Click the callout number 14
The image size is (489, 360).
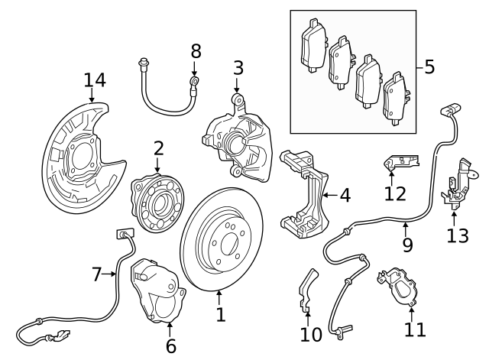coord(95,80)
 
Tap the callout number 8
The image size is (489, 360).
coord(196,51)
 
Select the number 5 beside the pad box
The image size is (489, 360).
coord(429,66)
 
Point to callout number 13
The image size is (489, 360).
coord(458,236)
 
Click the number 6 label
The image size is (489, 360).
coord(171,346)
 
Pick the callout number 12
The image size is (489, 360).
coord(395,193)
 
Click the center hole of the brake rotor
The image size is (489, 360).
coord(230,245)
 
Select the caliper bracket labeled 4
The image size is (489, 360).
coord(305,193)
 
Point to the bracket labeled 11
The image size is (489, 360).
coord(397,287)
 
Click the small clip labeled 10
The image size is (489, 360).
coord(307,290)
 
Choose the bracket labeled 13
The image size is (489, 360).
coord(456,184)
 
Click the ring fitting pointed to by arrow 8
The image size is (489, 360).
coord(195,82)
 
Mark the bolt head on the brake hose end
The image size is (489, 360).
coord(144,63)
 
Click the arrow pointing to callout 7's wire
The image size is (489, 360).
coord(108,274)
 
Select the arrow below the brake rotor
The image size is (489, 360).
coord(219,297)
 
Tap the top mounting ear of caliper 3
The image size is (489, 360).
coord(238,99)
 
